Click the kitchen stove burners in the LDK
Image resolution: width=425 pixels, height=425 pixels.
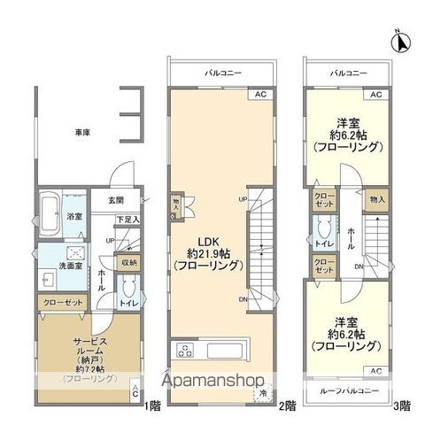pos(186,348)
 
